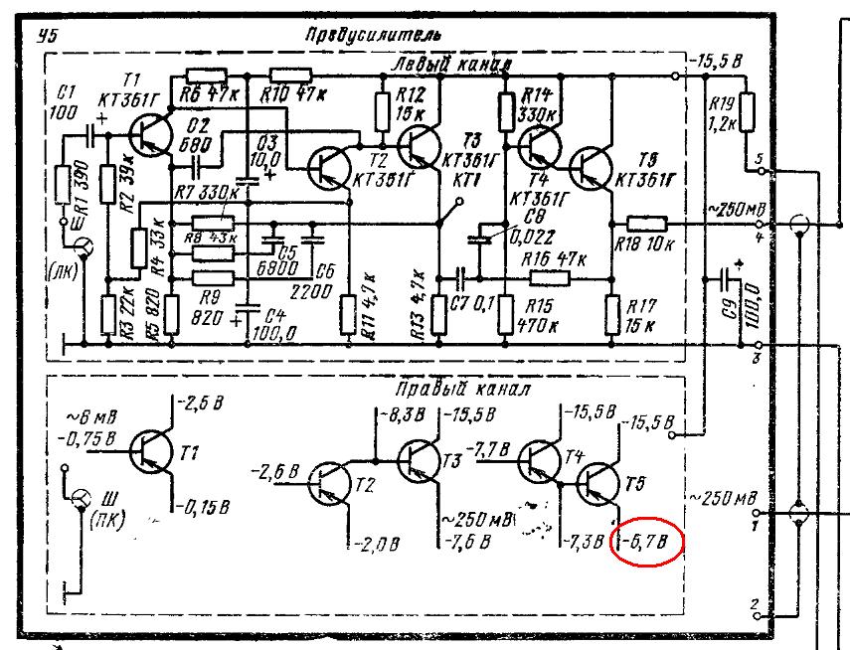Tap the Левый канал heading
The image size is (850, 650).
coord(452,65)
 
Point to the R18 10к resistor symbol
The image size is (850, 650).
coord(646,223)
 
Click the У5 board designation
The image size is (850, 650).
coord(44,38)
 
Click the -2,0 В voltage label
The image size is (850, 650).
coord(377,544)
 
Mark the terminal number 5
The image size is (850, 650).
coord(760,159)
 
